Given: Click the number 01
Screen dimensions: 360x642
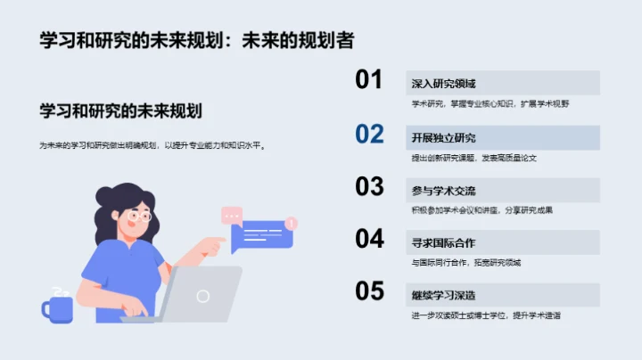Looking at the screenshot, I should (369, 80).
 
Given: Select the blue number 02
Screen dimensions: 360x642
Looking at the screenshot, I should (369, 134).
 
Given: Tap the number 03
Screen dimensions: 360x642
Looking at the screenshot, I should (369, 186).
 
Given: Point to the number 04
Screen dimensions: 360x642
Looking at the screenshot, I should (369, 239).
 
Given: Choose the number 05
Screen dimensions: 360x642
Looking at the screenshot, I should (369, 291).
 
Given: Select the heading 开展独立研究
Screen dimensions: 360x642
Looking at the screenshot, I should (443, 137).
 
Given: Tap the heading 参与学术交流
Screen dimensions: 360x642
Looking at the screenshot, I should (443, 190).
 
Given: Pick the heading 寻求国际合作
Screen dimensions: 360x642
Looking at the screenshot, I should (443, 242).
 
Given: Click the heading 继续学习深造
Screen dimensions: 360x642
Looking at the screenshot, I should (443, 295).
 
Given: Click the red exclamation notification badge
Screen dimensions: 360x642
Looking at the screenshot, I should (292, 223).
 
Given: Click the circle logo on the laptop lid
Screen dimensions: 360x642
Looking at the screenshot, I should (203, 295).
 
